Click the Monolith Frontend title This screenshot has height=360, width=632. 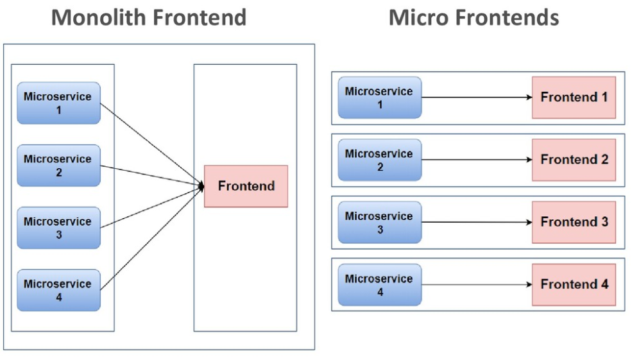click(149, 17)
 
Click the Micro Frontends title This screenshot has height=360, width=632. click(474, 17)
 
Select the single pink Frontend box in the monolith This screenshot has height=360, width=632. click(246, 186)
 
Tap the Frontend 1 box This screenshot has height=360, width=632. click(574, 98)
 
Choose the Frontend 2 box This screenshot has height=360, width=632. click(574, 160)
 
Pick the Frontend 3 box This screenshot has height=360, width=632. click(574, 222)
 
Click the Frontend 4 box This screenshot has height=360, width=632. click(574, 284)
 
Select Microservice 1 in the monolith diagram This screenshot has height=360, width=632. click(58, 103)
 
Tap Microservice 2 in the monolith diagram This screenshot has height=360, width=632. click(58, 165)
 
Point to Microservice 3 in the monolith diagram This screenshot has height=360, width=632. click(58, 227)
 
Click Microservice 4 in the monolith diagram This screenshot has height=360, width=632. click(58, 290)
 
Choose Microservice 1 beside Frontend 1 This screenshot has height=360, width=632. click(379, 98)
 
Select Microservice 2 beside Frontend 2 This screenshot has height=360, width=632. click(379, 160)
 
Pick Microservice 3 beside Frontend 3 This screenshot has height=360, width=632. click(379, 222)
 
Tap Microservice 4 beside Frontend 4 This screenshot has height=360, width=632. click(379, 284)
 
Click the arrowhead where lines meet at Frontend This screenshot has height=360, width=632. click(201, 186)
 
